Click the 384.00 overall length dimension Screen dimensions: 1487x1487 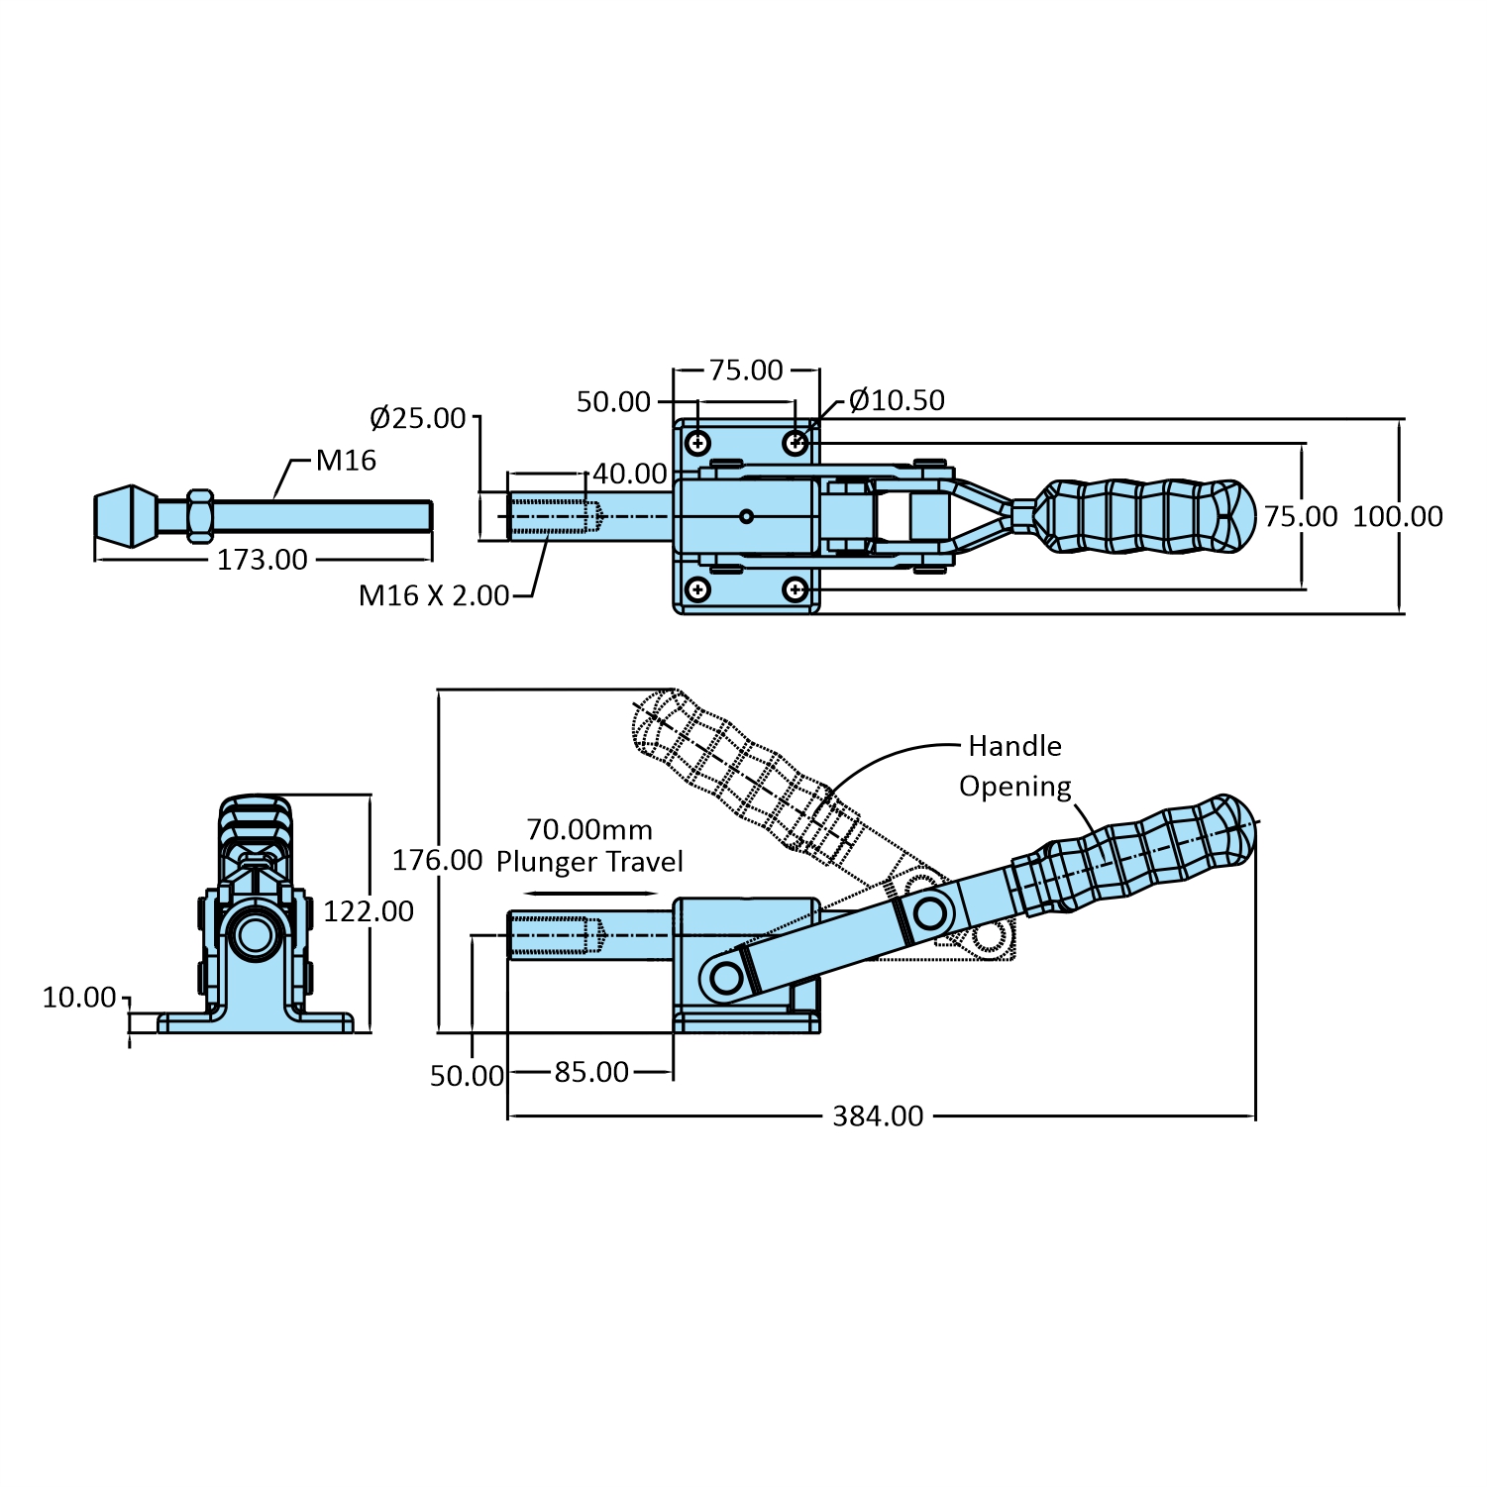click(878, 1116)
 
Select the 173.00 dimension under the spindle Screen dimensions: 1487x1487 click(263, 560)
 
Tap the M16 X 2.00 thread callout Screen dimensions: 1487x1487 click(434, 595)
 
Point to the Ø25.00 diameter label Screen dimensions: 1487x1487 click(417, 418)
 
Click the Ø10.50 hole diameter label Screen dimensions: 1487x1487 click(897, 400)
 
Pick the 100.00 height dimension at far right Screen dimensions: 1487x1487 click(1397, 516)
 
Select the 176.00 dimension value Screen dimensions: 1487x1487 click(437, 859)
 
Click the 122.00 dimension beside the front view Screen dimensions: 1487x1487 click(369, 911)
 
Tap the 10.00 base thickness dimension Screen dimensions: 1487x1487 click(79, 998)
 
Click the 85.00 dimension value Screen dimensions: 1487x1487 click(591, 1072)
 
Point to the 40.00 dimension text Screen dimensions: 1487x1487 click(630, 474)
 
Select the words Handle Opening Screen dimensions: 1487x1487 click(1015, 766)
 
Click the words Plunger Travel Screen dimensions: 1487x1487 click(589, 862)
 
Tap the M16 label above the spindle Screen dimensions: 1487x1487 click(346, 460)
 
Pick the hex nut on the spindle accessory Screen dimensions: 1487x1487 click(199, 516)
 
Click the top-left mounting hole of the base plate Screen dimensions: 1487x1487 click(698, 442)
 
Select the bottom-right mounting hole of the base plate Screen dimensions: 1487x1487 click(795, 590)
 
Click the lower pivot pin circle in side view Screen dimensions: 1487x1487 click(727, 979)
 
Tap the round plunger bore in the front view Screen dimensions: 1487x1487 click(255, 933)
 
